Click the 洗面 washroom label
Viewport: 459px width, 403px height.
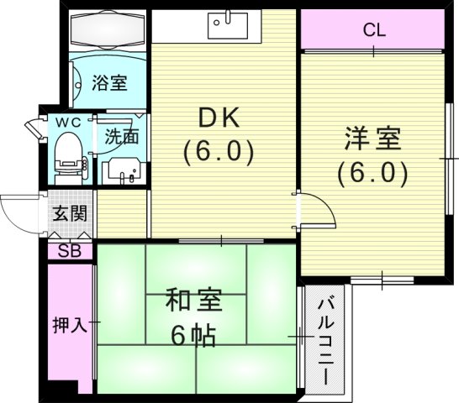click(x=122, y=136)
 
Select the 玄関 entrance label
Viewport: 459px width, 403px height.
click(x=70, y=213)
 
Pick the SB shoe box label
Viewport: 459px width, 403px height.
click(x=70, y=250)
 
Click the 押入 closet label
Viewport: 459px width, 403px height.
click(x=70, y=324)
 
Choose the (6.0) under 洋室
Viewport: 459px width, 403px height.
click(x=372, y=173)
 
